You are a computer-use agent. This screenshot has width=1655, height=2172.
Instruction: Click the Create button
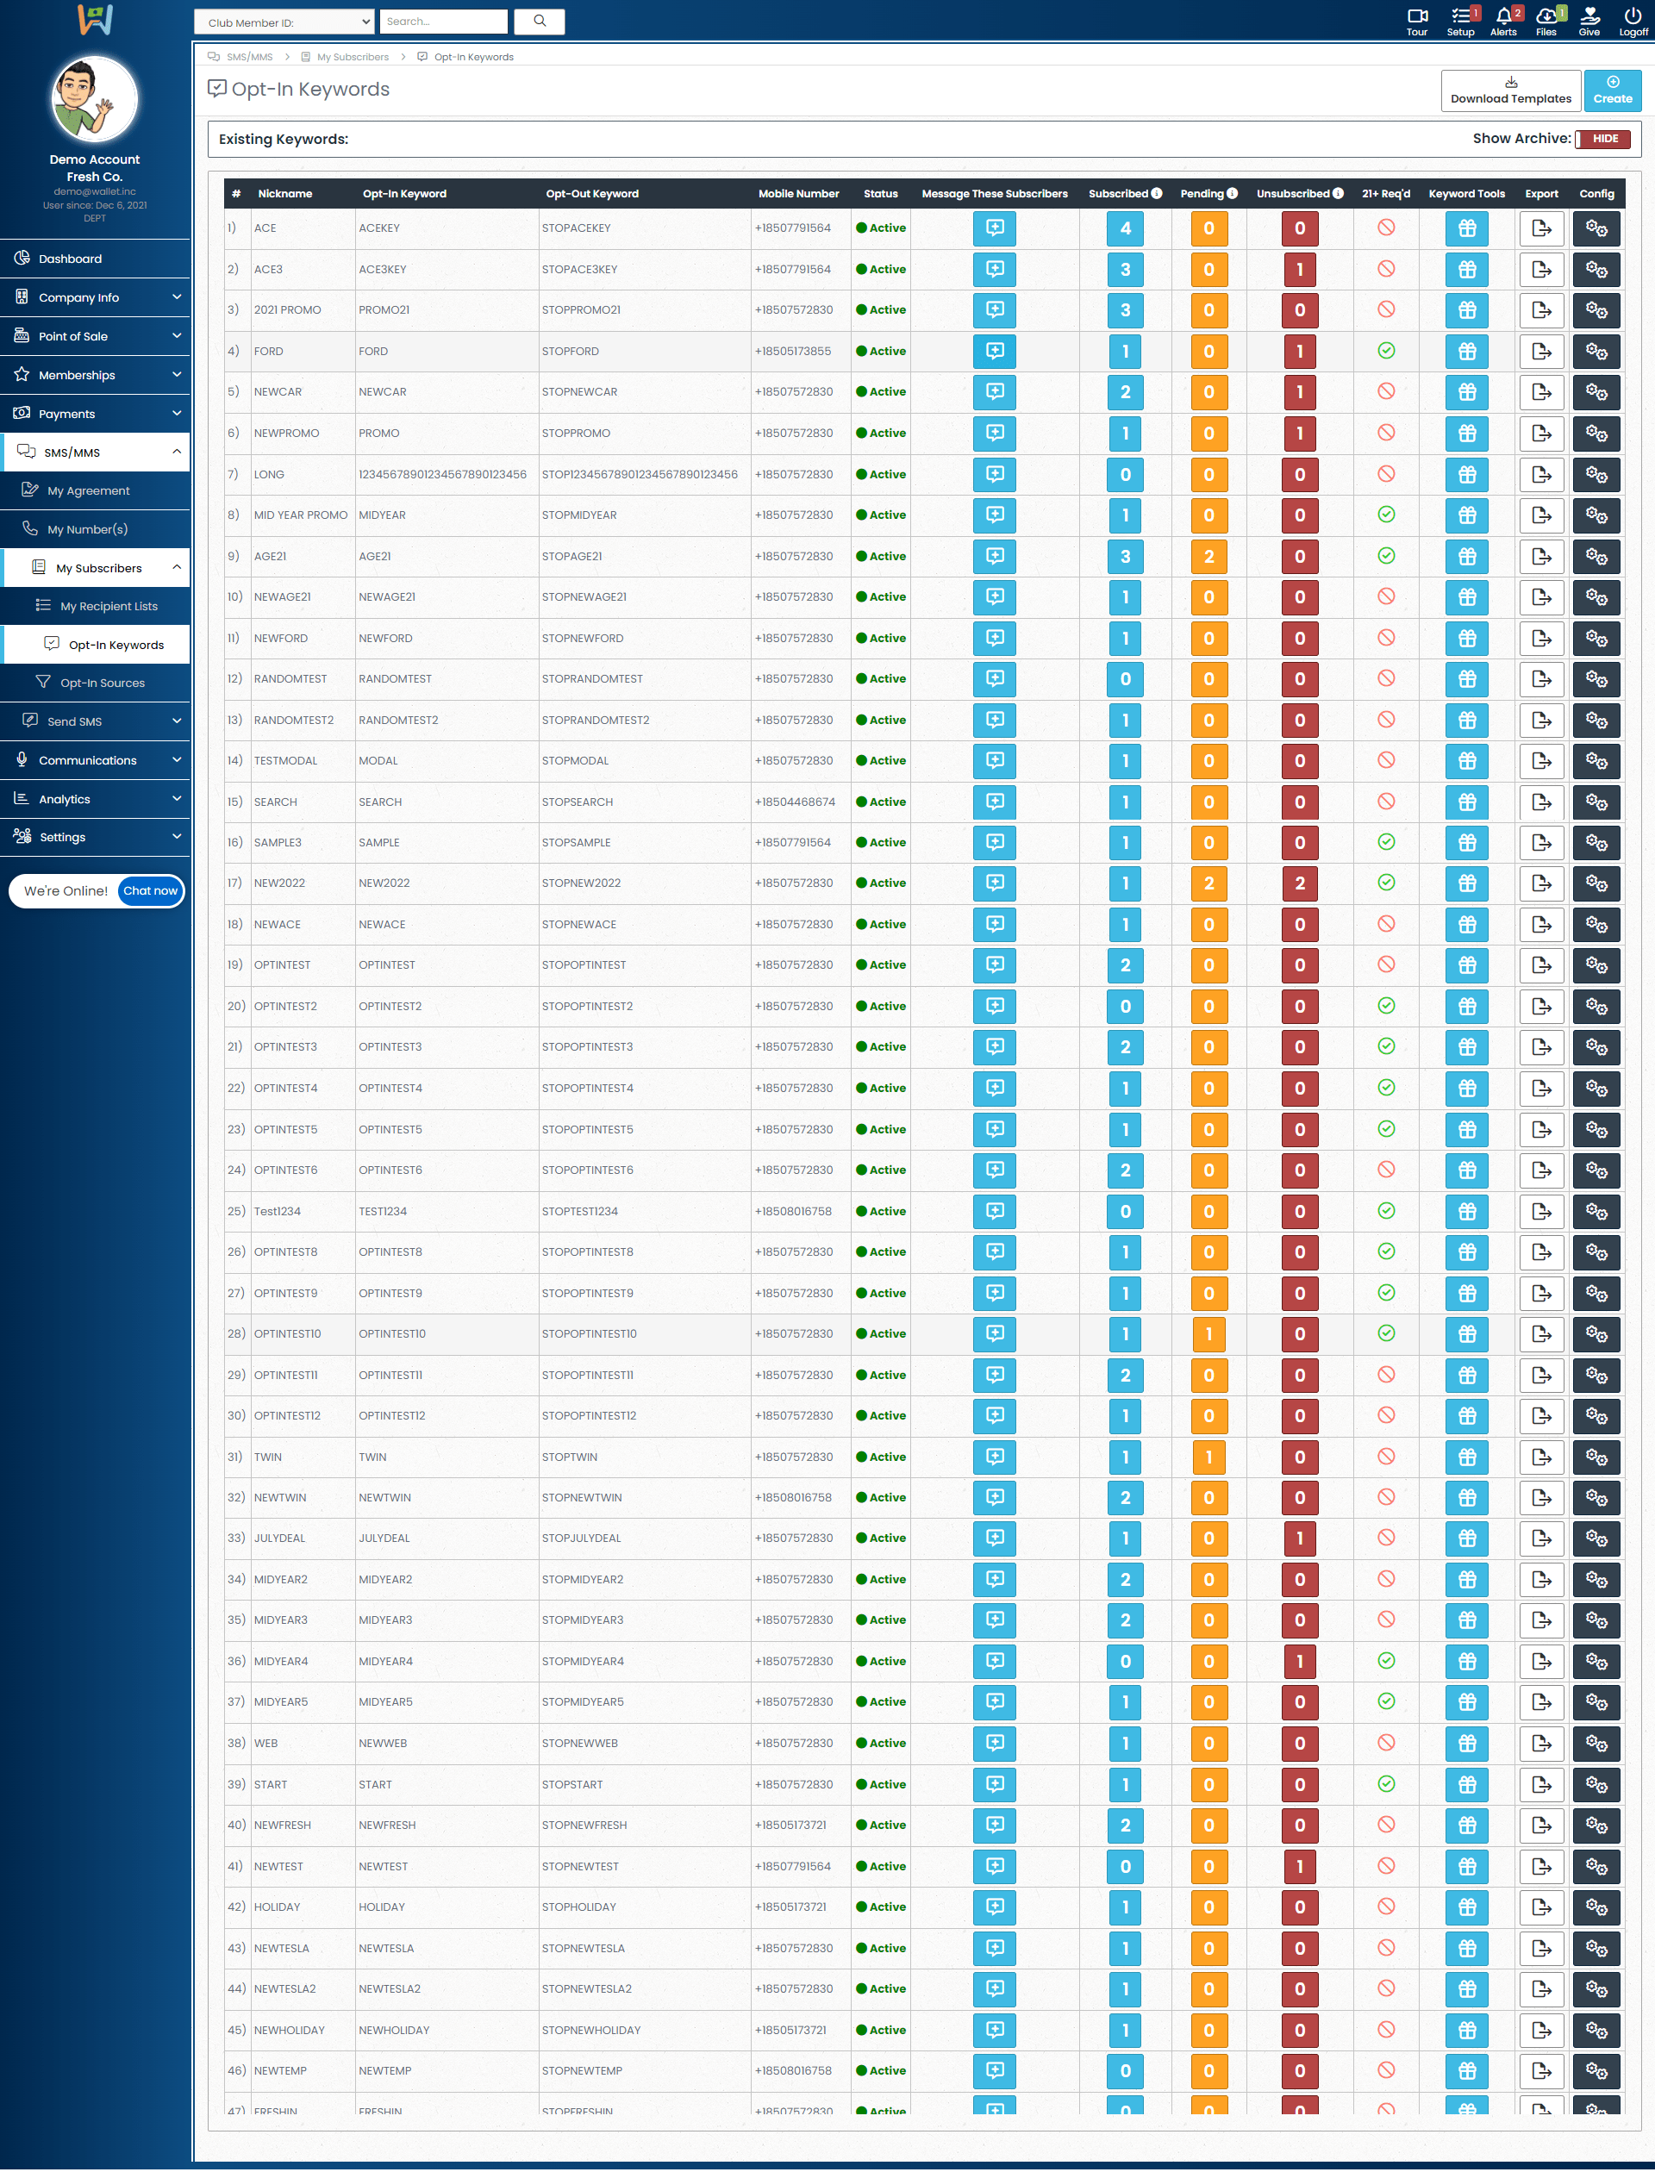click(1612, 90)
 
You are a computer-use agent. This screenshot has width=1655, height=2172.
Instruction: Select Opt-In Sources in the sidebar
click(103, 683)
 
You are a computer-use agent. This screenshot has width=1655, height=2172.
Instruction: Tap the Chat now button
click(150, 890)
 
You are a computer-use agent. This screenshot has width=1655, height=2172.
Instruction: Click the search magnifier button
click(540, 21)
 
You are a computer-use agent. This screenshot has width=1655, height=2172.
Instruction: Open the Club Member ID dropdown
click(284, 22)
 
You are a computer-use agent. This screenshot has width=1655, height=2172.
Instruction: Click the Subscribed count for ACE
click(1125, 228)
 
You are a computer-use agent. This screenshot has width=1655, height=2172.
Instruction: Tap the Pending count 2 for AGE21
click(1208, 557)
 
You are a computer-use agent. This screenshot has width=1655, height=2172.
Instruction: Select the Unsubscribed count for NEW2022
click(1299, 883)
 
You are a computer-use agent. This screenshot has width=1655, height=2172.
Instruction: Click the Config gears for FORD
click(1596, 352)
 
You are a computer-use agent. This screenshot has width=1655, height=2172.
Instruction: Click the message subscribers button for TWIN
click(995, 1457)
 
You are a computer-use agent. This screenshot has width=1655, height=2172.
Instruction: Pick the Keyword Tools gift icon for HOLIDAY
click(1467, 1907)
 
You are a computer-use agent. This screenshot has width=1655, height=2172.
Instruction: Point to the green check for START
click(1386, 1784)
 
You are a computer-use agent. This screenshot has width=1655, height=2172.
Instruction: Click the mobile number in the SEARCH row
click(795, 802)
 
